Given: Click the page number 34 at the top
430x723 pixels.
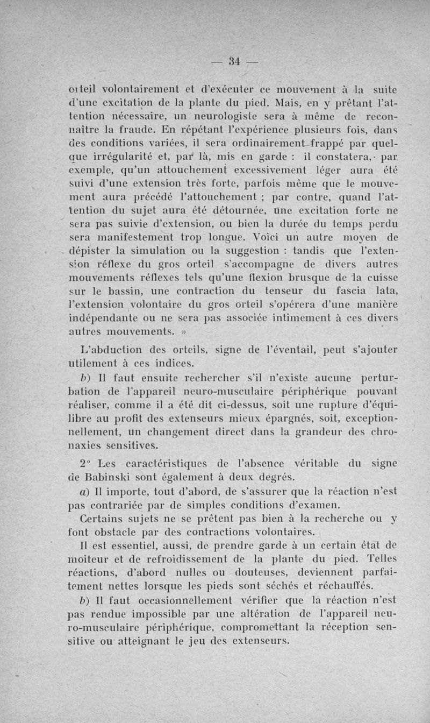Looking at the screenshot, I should coord(233,60).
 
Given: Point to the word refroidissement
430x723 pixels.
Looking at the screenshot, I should coord(175,559).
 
